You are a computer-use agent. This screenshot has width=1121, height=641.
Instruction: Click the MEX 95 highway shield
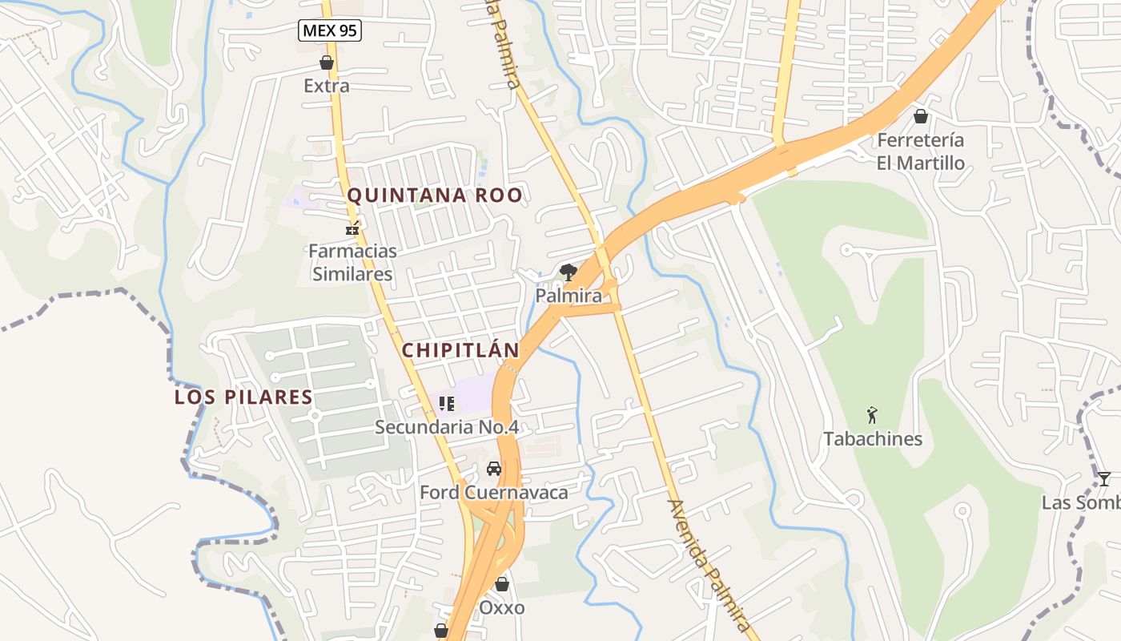tap(330, 31)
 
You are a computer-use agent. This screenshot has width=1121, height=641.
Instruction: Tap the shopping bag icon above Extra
tap(327, 62)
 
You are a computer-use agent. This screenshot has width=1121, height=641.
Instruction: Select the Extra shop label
tap(327, 86)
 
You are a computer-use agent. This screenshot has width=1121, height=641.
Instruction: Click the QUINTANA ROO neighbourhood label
tap(435, 196)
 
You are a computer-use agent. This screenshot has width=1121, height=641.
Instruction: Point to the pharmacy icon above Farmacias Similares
tap(352, 229)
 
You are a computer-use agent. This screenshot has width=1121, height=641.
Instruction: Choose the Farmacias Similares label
tap(352, 262)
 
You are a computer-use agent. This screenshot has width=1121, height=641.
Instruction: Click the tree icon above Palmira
tap(569, 272)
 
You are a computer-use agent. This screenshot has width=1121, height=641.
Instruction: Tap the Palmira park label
tap(569, 296)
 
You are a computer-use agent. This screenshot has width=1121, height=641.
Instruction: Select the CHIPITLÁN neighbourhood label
tap(460, 350)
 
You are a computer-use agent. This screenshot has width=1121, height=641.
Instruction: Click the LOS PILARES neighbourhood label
tap(243, 397)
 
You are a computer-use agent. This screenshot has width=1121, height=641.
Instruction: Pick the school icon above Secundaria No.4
tap(447, 404)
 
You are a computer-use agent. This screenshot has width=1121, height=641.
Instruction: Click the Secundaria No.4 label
tap(447, 427)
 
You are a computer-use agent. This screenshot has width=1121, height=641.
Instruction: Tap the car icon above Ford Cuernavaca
tap(494, 469)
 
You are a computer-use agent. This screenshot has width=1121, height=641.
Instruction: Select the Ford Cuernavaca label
tap(494, 492)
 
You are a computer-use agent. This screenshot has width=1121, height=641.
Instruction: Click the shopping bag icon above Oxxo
tap(502, 584)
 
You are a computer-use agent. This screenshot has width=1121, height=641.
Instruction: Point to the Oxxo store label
tap(502, 607)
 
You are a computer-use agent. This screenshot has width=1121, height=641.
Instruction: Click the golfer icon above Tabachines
tap(873, 415)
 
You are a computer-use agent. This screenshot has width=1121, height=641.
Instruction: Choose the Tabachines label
tap(873, 439)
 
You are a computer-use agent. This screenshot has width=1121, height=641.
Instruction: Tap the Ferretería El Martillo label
tap(921, 151)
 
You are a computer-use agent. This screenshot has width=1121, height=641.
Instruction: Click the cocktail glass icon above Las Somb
tap(1104, 479)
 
